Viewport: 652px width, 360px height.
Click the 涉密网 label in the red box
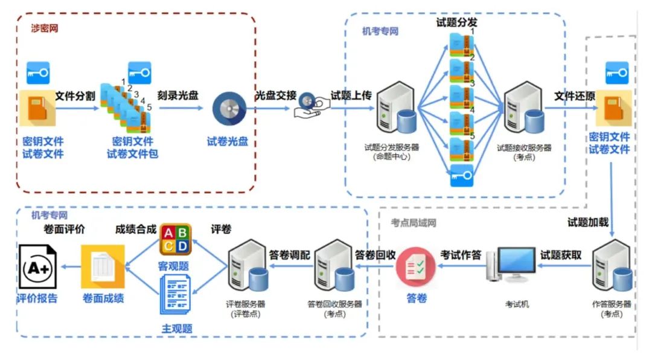45,28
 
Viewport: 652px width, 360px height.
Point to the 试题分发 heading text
456,23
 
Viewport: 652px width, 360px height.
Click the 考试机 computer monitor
513,263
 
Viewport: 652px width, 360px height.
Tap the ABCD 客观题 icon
175,239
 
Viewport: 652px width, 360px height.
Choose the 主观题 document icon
176,294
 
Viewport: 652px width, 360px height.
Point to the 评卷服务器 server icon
248,267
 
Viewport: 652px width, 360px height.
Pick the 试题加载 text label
587,222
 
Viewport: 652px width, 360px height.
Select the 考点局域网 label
414,223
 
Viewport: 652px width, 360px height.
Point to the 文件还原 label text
575,95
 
